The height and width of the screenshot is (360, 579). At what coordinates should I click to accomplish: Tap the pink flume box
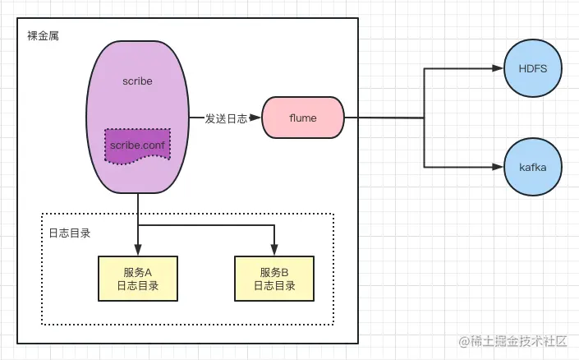pos(303,118)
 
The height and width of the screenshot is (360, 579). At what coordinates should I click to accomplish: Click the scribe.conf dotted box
pos(137,146)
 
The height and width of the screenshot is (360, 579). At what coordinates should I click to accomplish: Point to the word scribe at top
pos(137,82)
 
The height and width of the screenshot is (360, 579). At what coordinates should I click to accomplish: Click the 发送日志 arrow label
pos(226,118)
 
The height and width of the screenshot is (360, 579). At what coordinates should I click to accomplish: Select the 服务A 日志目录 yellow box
pos(137,279)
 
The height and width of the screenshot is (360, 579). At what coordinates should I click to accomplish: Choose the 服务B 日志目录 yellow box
pos(273,279)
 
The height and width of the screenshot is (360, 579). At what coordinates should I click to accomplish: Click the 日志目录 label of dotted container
pos(69,233)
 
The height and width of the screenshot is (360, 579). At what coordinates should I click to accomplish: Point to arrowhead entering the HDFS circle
pos(497,69)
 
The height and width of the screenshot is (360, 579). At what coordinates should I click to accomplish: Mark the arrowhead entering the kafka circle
pos(497,167)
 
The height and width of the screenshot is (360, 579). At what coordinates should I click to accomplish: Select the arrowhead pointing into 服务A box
pos(137,251)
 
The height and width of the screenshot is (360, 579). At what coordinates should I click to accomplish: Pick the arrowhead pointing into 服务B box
pos(273,251)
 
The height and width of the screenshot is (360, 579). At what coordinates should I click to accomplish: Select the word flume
pos(303,118)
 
